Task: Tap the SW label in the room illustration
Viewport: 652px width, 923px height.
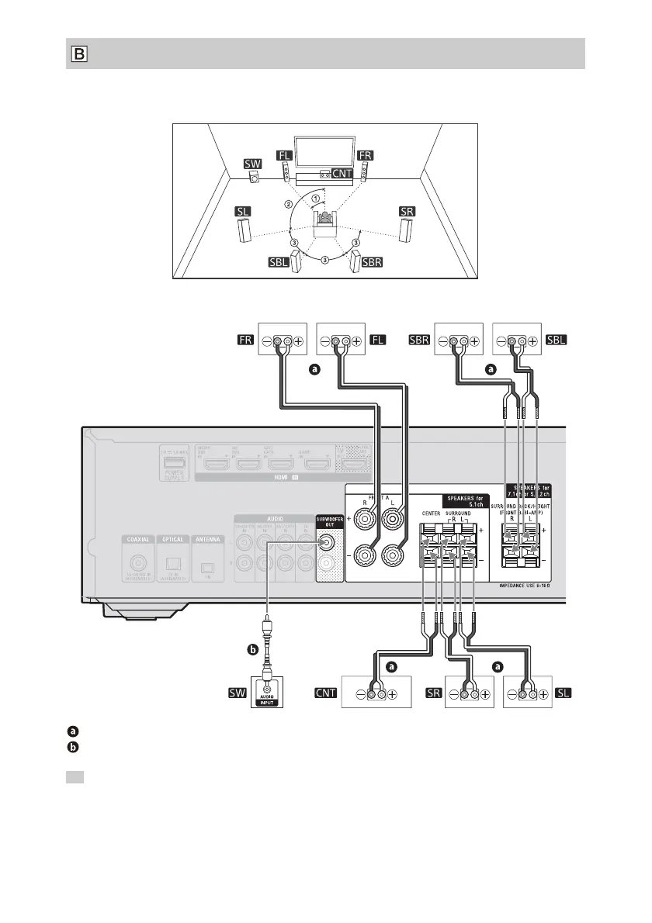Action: coord(253,164)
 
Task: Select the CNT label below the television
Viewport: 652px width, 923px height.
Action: coord(342,172)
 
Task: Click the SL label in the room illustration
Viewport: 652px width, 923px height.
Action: coord(245,211)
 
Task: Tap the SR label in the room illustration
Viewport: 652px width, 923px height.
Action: coord(406,211)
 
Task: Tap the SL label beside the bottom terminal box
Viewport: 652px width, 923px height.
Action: coord(564,693)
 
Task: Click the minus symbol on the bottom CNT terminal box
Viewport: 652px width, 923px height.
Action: coord(360,693)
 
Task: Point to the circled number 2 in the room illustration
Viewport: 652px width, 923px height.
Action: coord(289,205)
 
